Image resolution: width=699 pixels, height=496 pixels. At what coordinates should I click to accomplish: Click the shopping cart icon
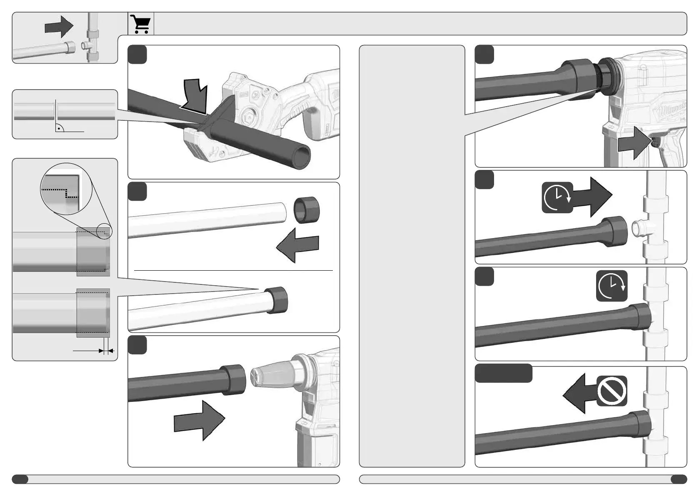tap(140, 24)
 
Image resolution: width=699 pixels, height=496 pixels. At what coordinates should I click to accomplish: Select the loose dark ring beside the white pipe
tap(307, 210)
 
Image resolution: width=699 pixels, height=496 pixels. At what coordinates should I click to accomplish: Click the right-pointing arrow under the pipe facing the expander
tap(199, 420)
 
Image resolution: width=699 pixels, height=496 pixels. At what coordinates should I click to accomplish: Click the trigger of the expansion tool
tap(655, 142)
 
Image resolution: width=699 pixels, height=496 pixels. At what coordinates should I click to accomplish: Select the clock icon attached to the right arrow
tap(557, 197)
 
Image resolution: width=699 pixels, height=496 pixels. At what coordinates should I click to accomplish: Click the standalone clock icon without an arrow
tap(612, 286)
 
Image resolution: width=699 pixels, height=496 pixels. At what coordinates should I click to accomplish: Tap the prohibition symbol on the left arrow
tap(612, 391)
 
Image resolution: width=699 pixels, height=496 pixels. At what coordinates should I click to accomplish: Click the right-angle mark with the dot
tap(60, 128)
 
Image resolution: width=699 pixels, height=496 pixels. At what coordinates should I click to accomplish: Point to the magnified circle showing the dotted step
tap(66, 189)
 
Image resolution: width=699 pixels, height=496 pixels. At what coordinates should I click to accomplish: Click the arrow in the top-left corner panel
tap(59, 27)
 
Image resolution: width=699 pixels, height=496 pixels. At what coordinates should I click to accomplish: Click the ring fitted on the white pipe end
tap(276, 300)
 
